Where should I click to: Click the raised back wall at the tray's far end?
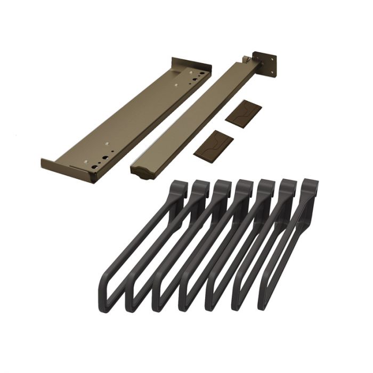pos(189,63)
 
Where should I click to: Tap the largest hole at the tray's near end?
pos(94,166)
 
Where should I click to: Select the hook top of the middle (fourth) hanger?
pos(245,188)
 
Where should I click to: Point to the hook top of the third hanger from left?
pos(223,188)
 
